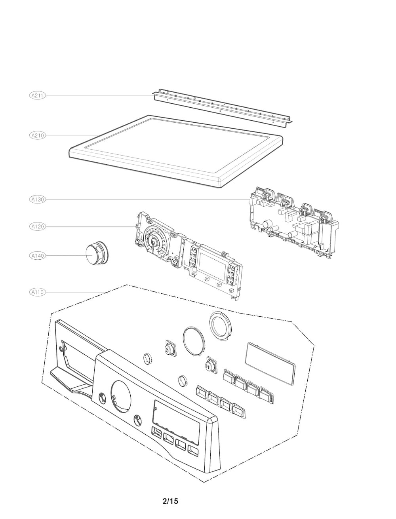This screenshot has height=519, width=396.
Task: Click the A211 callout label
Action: (x=38, y=95)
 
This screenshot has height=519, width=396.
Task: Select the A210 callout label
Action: (x=38, y=135)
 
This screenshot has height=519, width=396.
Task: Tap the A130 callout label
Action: (x=38, y=200)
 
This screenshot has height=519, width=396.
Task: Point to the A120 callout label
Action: (x=38, y=226)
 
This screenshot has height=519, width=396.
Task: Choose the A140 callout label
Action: (x=38, y=256)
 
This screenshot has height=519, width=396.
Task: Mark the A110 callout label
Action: (x=38, y=292)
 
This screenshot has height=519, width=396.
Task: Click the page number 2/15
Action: (x=171, y=501)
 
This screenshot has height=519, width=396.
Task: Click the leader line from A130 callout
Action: (x=147, y=200)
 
